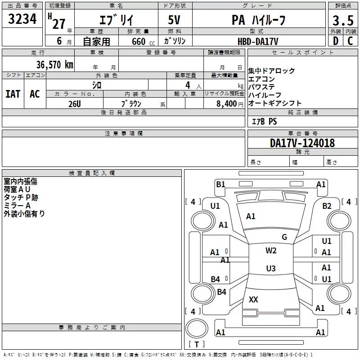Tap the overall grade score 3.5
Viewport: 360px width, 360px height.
[x=342, y=21]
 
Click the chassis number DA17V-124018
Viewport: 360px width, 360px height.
[x=302, y=143]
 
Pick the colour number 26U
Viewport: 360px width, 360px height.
[x=75, y=103]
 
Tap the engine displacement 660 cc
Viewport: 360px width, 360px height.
[x=139, y=41]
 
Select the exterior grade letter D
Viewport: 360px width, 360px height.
[x=335, y=41]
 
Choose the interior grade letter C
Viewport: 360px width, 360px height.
[x=350, y=41]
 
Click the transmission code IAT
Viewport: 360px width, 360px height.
[x=13, y=94]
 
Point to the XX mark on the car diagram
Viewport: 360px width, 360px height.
[x=253, y=300]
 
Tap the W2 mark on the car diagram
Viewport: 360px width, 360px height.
[x=271, y=251]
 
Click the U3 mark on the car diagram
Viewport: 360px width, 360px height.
[x=270, y=269]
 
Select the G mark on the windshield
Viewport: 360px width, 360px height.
[x=284, y=237]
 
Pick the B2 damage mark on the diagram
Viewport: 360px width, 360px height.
[x=327, y=206]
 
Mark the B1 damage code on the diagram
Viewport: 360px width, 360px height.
[x=220, y=184]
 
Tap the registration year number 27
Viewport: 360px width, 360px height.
[x=59, y=24]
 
